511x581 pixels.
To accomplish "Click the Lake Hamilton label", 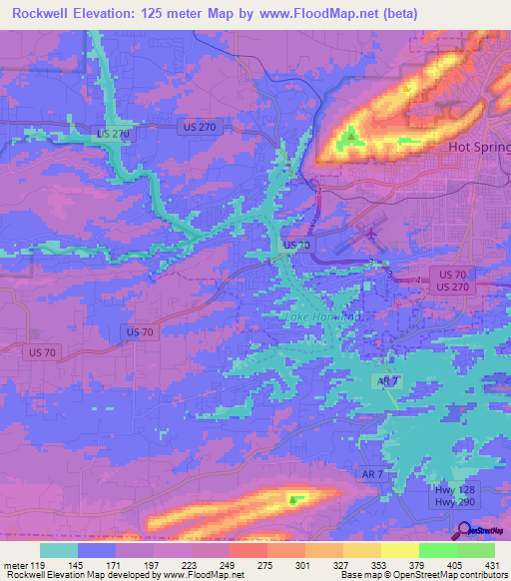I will coord(318,317).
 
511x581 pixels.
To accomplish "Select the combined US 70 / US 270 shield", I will coord(452,280).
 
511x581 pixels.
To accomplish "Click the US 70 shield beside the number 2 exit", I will coord(296,245).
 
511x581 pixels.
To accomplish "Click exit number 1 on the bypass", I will coord(316,186).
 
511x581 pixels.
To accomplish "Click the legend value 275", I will coord(247,564).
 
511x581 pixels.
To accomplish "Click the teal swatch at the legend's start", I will coord(59,550).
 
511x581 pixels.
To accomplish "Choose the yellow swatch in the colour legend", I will coord(399,550).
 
